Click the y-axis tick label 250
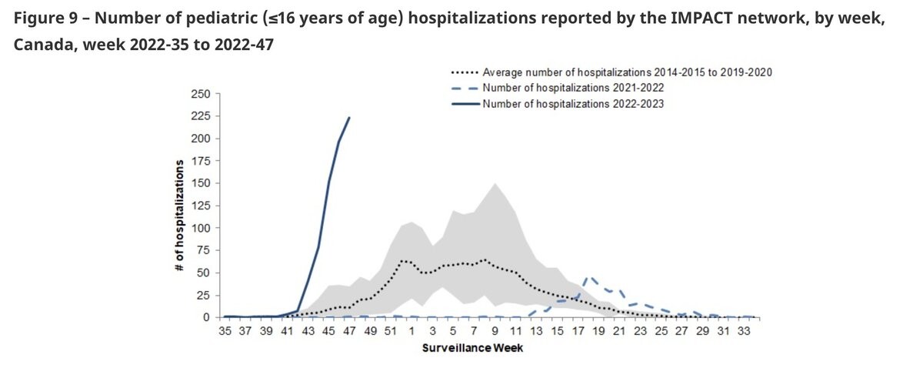coord(201,94)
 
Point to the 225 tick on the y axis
coord(201,116)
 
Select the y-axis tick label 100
coord(201,228)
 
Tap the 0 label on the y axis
coord(206,318)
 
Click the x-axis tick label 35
coord(225,331)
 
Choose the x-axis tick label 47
coord(349,331)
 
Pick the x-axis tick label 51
coord(391,331)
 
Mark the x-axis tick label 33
coord(744,331)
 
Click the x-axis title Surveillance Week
coord(472,348)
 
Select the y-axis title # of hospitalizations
coord(180,216)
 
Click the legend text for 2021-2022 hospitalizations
coord(573,88)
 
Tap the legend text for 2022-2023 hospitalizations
coord(573,104)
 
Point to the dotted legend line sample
coord(465,72)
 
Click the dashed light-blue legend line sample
coord(465,89)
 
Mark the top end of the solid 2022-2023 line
coord(349,118)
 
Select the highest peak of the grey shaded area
coord(495,183)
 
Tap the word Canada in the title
coord(45,45)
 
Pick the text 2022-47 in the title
coord(244,45)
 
